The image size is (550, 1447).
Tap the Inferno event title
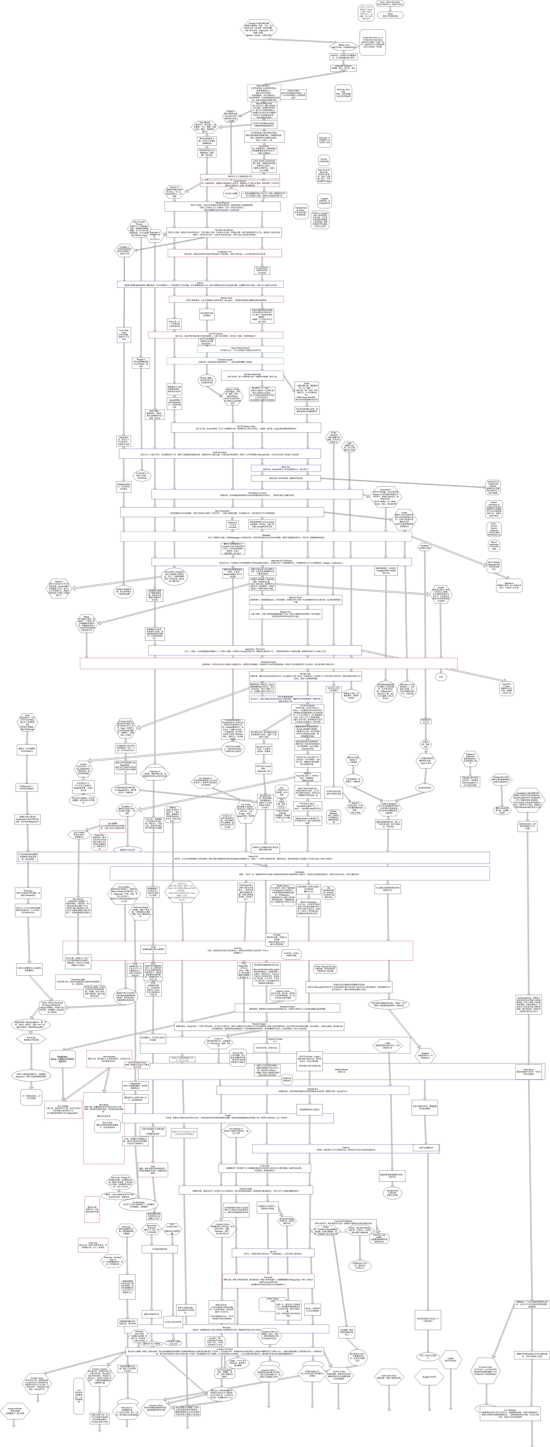[x=200, y=283]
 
